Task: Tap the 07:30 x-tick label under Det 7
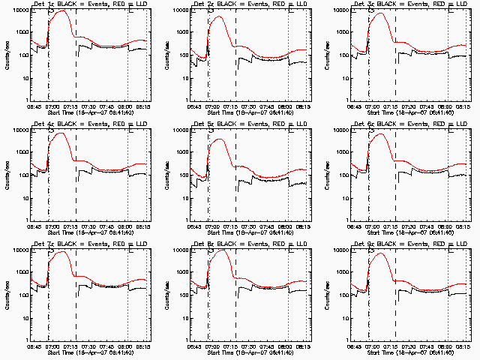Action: tap(91, 347)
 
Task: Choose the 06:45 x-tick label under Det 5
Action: tap(194, 227)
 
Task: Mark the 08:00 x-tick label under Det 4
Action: tap(129, 227)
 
